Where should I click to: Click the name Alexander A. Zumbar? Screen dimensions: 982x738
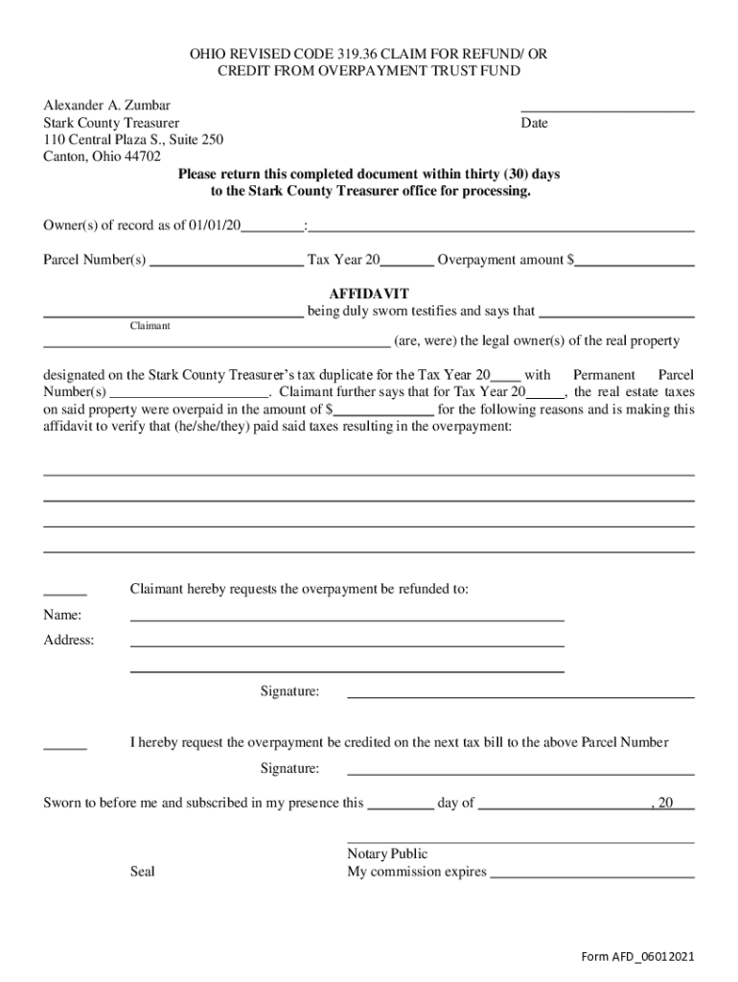click(106, 105)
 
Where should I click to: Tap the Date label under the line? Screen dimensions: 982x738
click(534, 124)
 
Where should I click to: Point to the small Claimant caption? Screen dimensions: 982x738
click(150, 326)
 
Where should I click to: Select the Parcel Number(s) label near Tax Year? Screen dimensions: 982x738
click(95, 260)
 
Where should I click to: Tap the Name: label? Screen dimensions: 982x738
click(62, 615)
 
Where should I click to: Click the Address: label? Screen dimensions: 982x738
click(69, 640)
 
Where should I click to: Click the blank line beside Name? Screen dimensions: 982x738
click(346, 619)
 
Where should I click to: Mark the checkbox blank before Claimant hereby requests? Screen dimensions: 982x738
click(65, 592)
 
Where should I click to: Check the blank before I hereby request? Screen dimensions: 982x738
click(65, 745)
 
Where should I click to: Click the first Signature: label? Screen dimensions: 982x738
click(289, 691)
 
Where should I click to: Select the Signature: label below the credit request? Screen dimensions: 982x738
click(289, 768)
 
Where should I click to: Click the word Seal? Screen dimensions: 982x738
click(142, 872)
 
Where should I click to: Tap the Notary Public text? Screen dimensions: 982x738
click(387, 853)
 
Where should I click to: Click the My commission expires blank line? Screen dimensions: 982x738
click(591, 875)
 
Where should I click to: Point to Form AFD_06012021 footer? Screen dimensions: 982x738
click(637, 957)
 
